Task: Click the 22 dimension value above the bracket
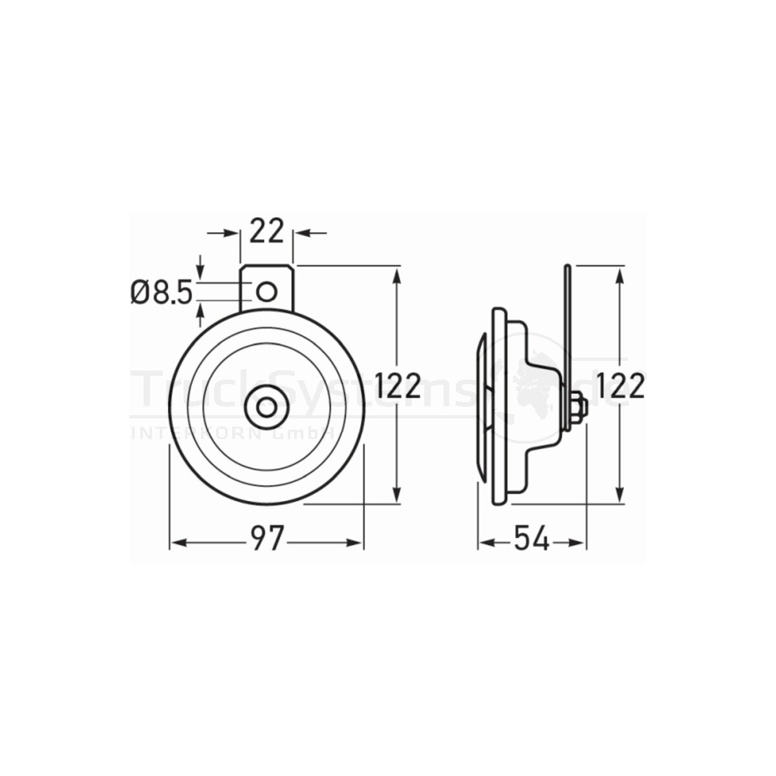coord(266,231)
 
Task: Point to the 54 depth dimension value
coord(532,539)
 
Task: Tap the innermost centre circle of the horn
coord(265,407)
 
